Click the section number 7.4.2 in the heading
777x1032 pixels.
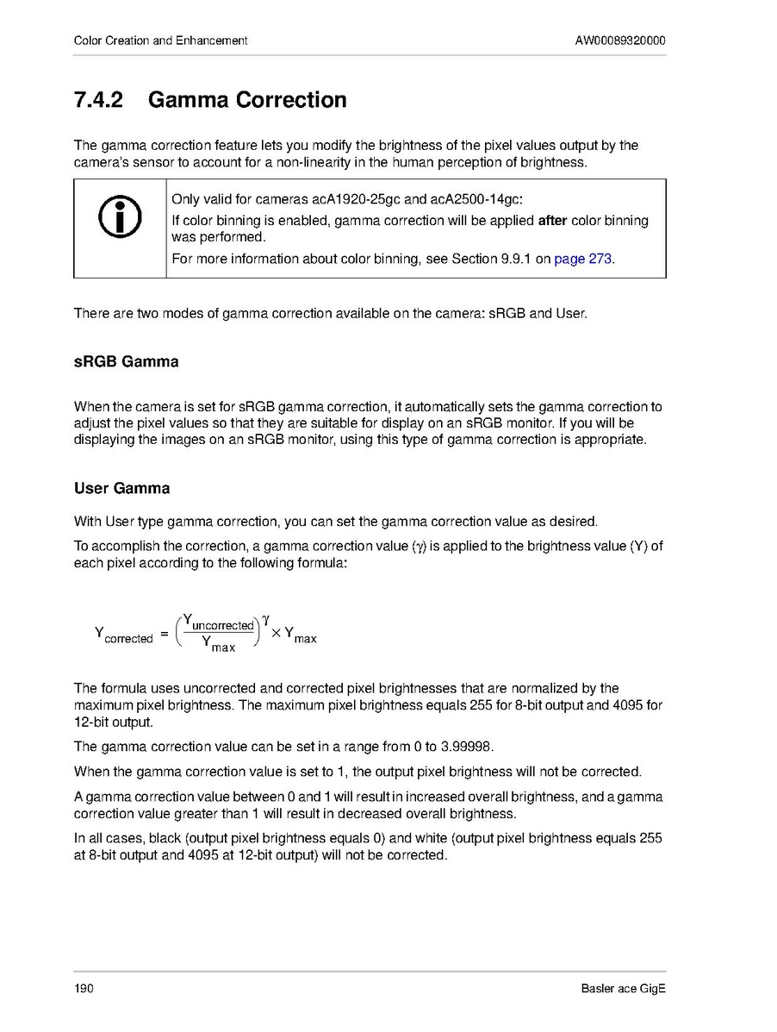(98, 100)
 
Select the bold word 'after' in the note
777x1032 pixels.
(552, 221)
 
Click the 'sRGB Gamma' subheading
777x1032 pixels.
(127, 362)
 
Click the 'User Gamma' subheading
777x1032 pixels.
(121, 489)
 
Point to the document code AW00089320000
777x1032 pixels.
(619, 41)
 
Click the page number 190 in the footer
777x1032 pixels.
(84, 988)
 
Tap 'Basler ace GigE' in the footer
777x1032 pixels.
(624, 988)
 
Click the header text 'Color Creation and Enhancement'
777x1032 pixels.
(161, 41)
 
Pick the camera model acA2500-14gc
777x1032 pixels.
(470, 201)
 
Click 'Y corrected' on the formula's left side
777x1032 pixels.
(123, 636)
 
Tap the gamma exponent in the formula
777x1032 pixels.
(266, 618)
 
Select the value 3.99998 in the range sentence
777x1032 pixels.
(466, 747)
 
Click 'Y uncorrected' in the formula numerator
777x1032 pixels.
(219, 623)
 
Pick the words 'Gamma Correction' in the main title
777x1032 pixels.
(247, 100)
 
